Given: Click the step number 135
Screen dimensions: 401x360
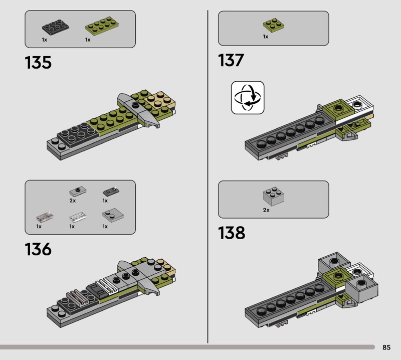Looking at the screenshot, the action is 38,63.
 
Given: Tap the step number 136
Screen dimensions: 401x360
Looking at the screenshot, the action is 38,249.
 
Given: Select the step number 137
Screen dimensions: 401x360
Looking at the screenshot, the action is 231,60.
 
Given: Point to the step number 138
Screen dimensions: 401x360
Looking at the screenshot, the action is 232,233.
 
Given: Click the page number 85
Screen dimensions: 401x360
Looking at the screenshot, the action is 386,347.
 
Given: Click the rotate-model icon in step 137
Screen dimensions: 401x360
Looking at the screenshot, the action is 248,97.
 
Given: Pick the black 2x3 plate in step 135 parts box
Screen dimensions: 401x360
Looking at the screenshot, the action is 56,27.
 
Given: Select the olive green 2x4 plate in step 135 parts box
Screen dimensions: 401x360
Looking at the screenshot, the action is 102,26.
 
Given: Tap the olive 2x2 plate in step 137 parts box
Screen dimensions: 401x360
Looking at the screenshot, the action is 273,25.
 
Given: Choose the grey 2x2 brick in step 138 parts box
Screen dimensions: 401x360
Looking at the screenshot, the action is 273,196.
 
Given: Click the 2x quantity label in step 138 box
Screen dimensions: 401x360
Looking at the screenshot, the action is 266,210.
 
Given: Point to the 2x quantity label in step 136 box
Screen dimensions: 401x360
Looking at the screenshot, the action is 72,201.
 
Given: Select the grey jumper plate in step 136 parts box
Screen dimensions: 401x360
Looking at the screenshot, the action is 78,191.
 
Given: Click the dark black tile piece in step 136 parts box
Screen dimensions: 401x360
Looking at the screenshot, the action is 111,192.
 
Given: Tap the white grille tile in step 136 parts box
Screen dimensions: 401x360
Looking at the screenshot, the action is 78,217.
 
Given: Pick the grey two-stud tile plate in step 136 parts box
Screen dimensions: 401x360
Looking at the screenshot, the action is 113,215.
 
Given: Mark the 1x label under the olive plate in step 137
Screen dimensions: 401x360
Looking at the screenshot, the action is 266,37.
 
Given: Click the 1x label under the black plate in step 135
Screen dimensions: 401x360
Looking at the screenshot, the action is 45,40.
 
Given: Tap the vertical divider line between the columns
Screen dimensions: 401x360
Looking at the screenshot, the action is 208,176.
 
